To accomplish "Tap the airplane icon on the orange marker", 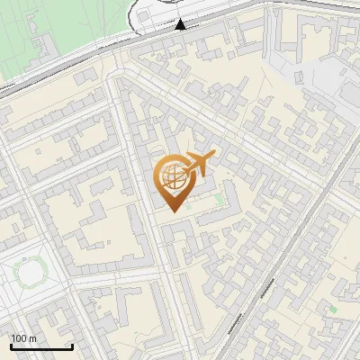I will click(x=200, y=164).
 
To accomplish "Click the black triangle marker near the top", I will click(x=181, y=24).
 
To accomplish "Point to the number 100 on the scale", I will click(x=19, y=338).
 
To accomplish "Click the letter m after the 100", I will click(x=32, y=338).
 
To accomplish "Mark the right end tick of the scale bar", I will click(x=72, y=346).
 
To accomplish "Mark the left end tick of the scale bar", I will click(x=10, y=346).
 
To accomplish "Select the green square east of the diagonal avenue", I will click(x=334, y=310).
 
